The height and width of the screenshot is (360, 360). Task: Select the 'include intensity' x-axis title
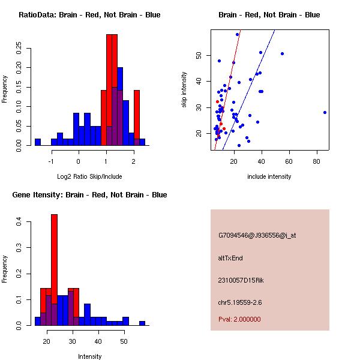coord(269,176)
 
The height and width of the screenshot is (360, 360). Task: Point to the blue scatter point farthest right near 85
coord(325,112)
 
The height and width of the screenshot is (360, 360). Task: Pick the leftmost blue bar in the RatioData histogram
coord(37,142)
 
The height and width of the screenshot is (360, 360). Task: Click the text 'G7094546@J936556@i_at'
coord(257,235)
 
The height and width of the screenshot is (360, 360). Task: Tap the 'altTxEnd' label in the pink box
coord(230,258)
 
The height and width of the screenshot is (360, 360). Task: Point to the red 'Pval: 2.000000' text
coord(239,319)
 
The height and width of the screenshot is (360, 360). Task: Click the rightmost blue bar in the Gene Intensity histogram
coord(142,323)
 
